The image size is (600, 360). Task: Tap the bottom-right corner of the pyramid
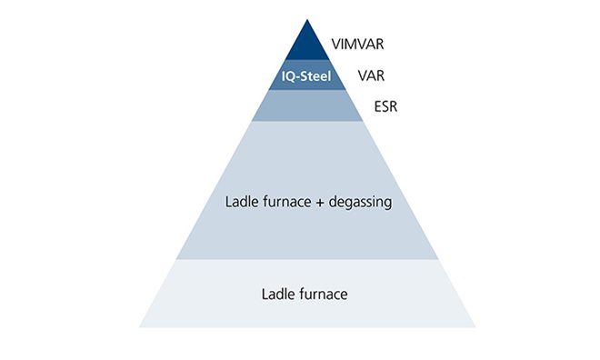point(475,326)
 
